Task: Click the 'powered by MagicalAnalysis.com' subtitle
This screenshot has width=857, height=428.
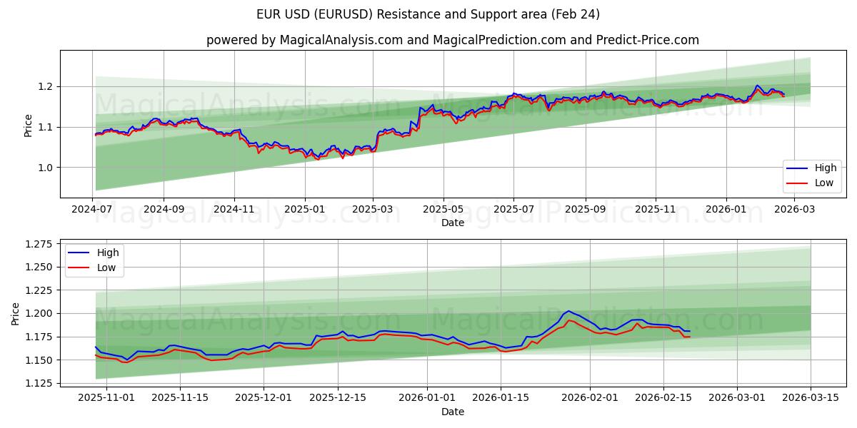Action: click(x=453, y=40)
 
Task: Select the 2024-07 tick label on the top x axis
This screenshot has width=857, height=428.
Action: click(x=93, y=210)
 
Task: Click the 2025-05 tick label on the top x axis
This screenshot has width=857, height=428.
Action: click(x=443, y=210)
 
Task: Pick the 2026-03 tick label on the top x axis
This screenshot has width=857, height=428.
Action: click(x=795, y=210)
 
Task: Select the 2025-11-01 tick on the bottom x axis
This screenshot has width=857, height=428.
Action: click(x=106, y=397)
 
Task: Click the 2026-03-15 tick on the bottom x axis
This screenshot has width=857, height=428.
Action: click(x=811, y=397)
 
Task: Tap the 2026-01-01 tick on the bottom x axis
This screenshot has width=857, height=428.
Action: click(x=427, y=397)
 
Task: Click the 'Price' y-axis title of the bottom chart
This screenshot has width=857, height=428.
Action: click(x=16, y=314)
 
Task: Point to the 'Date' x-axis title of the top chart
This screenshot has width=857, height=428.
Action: click(x=453, y=223)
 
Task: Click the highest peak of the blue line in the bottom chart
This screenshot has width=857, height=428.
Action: click(x=568, y=311)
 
